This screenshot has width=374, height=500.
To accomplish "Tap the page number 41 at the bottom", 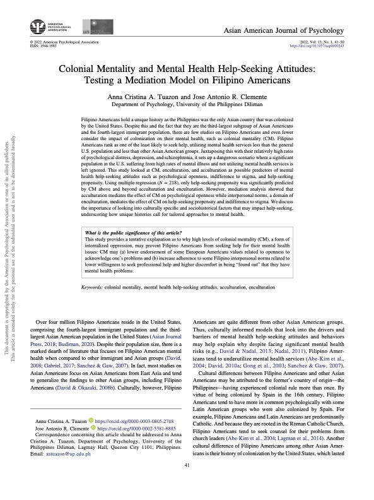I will pyautogui.click(x=187, y=483).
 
